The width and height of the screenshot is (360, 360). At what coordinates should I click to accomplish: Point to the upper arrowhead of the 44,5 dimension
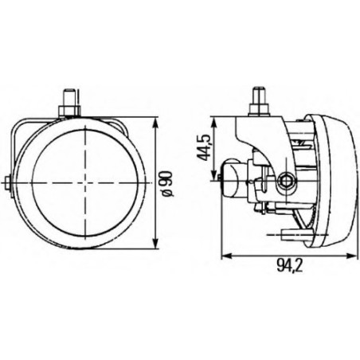coord(213,122)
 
